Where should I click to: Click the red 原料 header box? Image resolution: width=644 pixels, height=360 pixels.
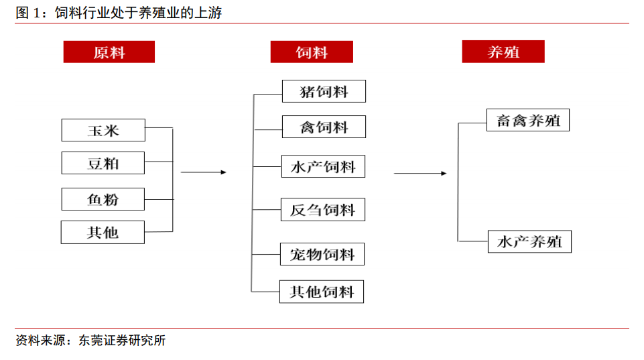109,52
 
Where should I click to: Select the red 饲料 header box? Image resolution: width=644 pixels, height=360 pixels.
312,52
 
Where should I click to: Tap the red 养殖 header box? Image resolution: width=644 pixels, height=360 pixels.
503,52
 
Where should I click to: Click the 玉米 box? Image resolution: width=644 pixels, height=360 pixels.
103,130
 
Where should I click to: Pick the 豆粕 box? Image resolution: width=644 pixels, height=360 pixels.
103,163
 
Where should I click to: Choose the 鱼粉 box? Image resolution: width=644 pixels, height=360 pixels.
103,199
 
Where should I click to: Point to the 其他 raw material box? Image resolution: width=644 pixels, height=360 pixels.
103,232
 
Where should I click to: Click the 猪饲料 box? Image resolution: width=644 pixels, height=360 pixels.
324,91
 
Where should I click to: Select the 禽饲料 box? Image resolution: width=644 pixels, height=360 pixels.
324,127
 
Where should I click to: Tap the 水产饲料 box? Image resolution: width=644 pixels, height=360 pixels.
323,166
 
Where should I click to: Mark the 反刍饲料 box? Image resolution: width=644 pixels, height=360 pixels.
323,210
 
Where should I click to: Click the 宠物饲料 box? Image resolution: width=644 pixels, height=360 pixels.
322,254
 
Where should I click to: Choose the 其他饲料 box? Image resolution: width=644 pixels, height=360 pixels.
322,292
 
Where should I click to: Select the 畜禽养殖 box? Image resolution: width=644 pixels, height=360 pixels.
528,120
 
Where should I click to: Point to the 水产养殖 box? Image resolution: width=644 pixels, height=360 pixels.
529,241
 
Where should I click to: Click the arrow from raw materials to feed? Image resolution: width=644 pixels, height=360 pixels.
204,172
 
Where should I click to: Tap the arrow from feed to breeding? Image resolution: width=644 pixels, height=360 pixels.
420,174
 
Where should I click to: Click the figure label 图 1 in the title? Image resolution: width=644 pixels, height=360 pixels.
28,13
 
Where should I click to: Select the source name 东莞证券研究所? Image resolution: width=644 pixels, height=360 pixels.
122,341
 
